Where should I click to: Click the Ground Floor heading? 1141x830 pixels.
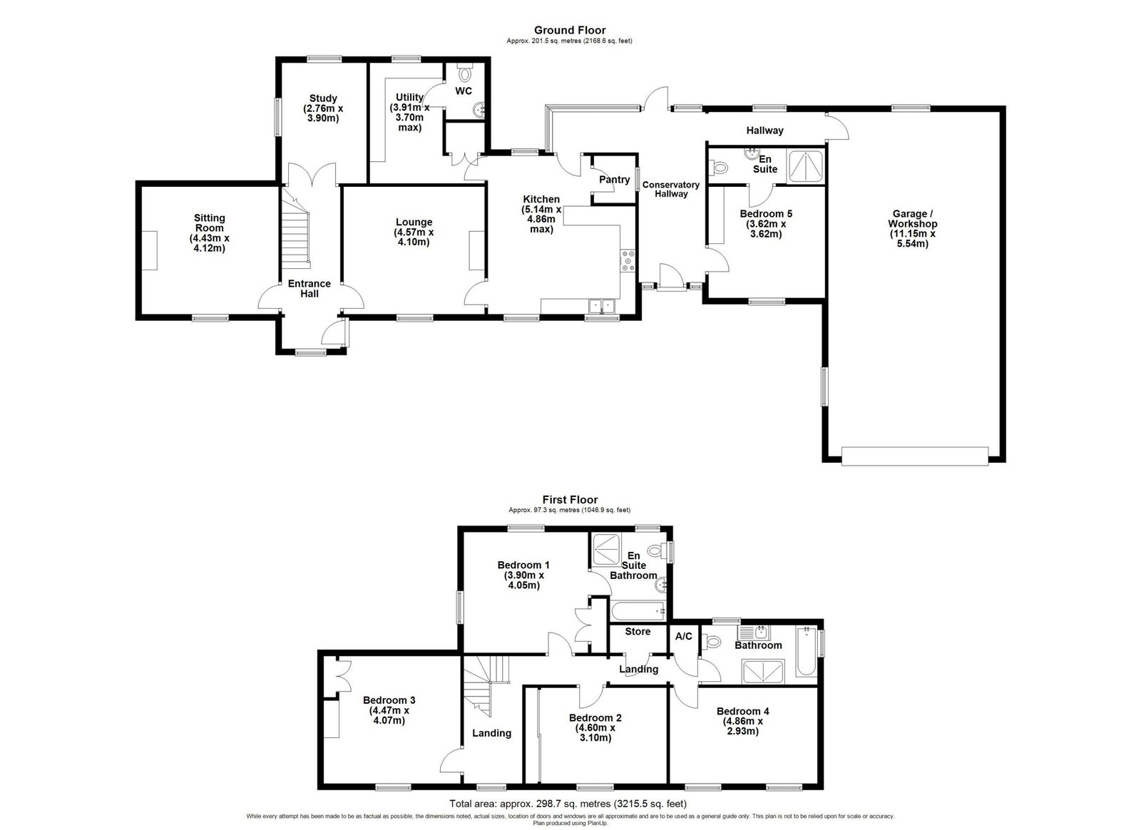pos(570,30)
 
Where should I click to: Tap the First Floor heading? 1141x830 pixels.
pos(570,500)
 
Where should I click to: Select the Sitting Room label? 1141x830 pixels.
pos(210,223)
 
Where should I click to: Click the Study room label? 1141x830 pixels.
pos(323,98)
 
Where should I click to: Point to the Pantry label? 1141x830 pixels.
pos(614,179)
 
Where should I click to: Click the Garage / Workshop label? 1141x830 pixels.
pos(912,219)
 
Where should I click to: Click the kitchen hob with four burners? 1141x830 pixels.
pos(628,261)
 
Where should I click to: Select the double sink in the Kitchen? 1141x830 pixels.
pos(602,305)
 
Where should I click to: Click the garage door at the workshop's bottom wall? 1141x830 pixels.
pos(915,456)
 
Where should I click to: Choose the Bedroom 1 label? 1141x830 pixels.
pos(523,565)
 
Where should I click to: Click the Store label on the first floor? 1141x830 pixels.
pos(638,631)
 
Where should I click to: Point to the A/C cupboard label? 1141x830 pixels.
pos(684,636)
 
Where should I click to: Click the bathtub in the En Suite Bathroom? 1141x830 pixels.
pos(638,610)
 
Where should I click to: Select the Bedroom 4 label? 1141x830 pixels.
pos(742,712)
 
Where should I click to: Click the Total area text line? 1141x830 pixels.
pos(568,804)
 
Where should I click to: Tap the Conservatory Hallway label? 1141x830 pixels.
pos(671,189)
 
